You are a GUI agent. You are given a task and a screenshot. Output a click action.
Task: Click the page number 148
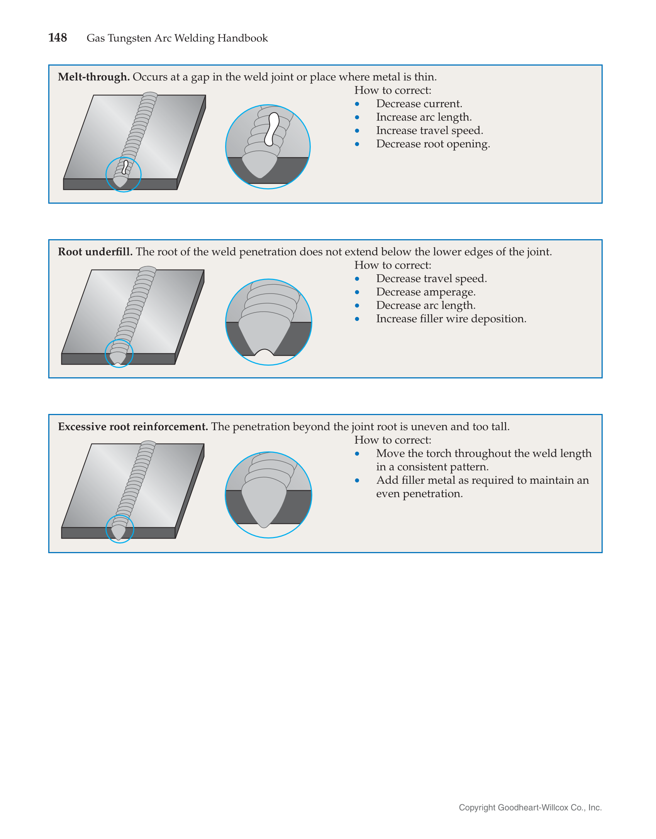(58, 38)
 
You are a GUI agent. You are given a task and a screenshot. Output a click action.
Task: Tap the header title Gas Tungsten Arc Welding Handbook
(177, 38)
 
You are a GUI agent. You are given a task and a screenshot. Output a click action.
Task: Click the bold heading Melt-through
(93, 77)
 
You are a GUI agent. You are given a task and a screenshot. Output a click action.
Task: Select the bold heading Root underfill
(95, 252)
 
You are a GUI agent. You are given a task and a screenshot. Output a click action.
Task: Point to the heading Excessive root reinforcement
(133, 427)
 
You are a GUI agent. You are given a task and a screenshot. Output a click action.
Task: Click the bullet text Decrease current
(419, 104)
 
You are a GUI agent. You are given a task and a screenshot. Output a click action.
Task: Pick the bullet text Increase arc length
(424, 117)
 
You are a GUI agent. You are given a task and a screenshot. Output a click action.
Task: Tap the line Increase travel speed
(429, 131)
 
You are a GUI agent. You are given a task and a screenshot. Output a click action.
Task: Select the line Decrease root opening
(433, 144)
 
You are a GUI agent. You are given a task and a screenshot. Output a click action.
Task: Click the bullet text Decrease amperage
(425, 292)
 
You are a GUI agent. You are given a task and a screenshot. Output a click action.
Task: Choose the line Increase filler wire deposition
(451, 319)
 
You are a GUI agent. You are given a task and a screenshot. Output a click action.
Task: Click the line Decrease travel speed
(431, 279)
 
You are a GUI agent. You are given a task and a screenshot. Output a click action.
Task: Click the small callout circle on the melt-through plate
(124, 174)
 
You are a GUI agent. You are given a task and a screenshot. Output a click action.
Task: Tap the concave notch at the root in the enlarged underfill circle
(264, 352)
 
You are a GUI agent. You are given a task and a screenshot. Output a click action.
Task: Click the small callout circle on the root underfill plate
(119, 353)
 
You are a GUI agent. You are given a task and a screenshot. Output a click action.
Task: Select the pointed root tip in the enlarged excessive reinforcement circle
(264, 525)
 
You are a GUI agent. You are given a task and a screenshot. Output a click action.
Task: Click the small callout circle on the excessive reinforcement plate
(120, 529)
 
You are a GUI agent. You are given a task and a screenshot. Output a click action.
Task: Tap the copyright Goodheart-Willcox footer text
(530, 807)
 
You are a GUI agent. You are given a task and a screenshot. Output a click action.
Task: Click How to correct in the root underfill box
(393, 265)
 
